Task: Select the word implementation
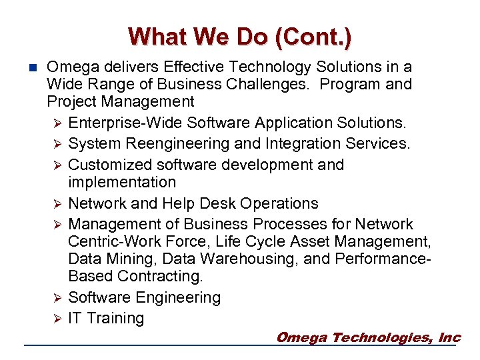pos(122,182)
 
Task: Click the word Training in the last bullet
pos(115,319)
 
